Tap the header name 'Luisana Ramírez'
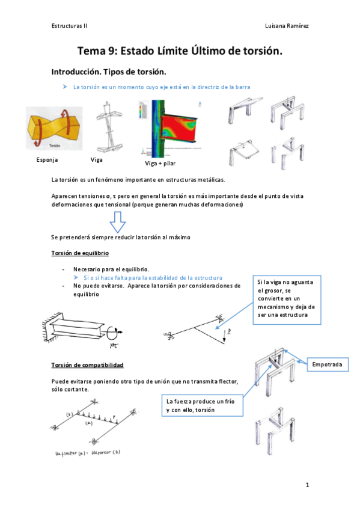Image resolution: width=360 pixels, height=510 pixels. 287,26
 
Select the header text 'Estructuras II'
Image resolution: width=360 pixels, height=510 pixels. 69,26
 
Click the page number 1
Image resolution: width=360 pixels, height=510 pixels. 307,484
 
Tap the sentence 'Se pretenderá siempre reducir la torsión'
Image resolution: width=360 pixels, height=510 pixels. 121,238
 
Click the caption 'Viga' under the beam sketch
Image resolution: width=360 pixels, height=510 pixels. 96,160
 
